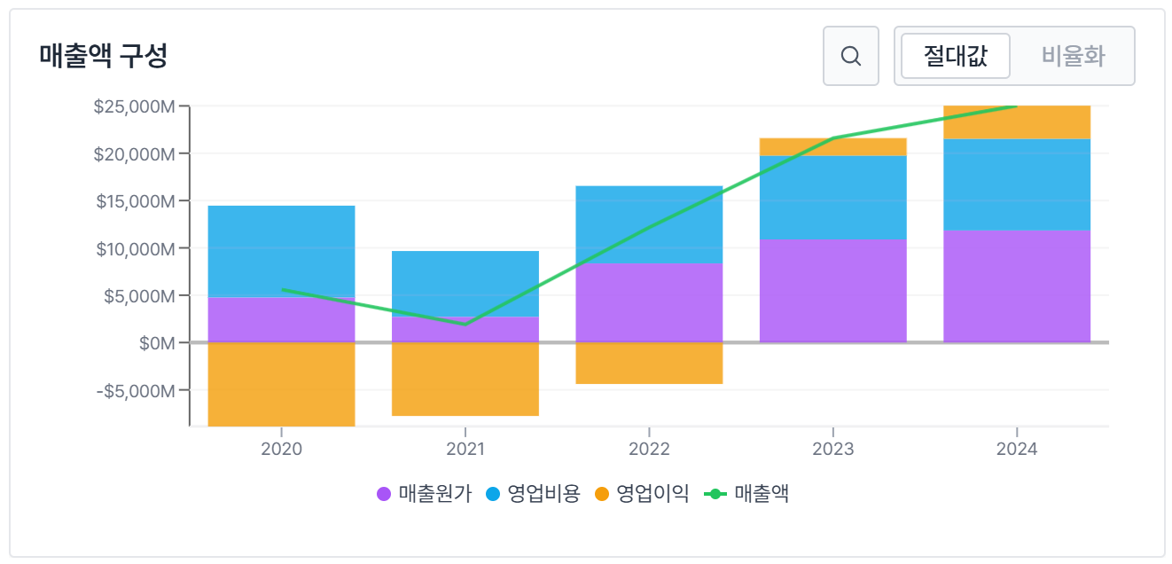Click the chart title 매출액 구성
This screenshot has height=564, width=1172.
click(104, 56)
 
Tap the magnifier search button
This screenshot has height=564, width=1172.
click(850, 56)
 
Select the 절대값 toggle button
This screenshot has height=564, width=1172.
click(955, 56)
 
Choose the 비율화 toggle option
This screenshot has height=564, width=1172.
click(1073, 56)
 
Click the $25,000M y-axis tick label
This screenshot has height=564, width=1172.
click(134, 106)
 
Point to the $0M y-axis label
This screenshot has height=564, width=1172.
click(157, 342)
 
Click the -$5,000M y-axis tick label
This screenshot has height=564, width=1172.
click(134, 390)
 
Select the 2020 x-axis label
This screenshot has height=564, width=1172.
click(281, 449)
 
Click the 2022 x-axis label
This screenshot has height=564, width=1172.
click(649, 449)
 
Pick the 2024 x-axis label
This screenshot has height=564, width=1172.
click(1017, 449)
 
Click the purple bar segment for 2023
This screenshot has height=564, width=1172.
click(833, 291)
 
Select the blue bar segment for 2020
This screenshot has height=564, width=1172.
click(281, 251)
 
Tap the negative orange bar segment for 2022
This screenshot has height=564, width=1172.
click(649, 364)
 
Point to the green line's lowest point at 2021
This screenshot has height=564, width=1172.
click(465, 324)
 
